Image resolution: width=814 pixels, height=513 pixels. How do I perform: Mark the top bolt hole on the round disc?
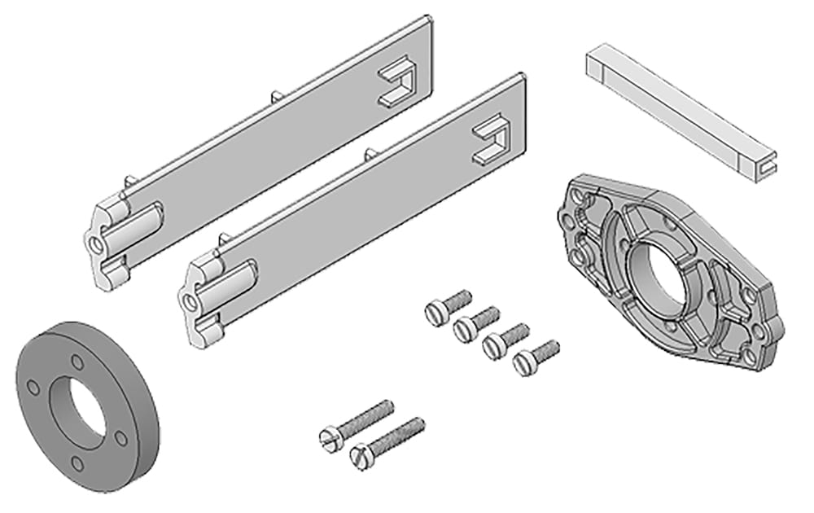[77, 362]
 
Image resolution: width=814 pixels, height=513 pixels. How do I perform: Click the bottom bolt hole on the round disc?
[77, 463]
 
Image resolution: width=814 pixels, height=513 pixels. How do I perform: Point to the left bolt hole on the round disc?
[32, 384]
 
